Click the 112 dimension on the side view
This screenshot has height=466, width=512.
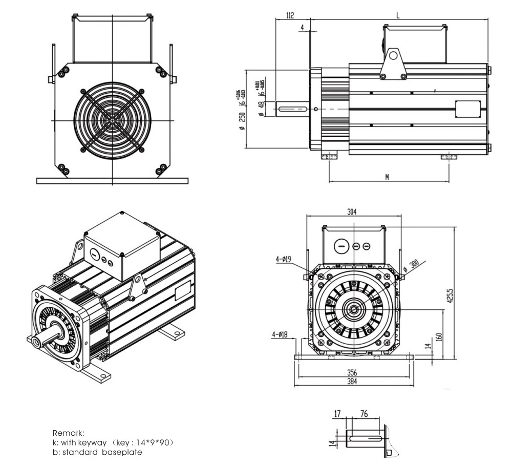coord(290,15)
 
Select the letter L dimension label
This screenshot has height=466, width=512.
coord(398,15)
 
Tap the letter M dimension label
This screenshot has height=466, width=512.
coord(387,177)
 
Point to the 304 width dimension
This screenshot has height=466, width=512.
coord(352,211)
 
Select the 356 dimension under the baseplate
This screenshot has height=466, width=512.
coord(352,372)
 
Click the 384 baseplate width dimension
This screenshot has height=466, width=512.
coord(352,382)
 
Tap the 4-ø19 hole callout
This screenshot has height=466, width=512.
coord(283,260)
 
